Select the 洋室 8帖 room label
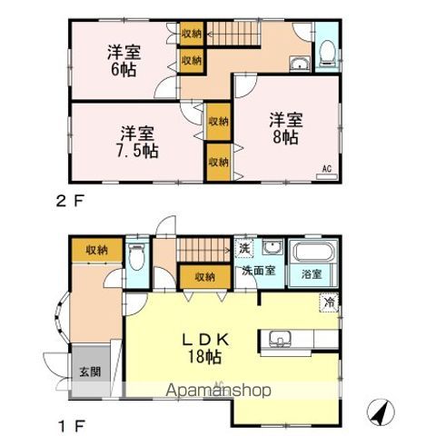tap(283, 128)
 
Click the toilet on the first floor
tap(136, 260)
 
